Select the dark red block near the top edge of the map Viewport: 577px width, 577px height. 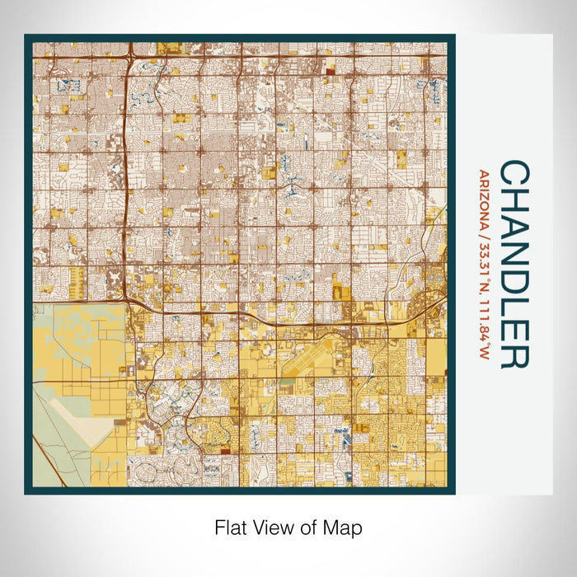click(331, 71)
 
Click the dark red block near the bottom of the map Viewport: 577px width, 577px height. click(225, 450)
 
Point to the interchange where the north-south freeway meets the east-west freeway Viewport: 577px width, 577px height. click(129, 302)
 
